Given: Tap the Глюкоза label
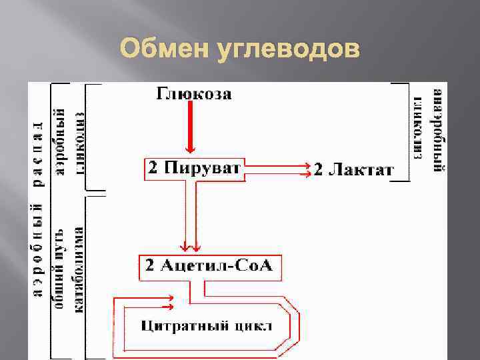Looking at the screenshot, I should point(195,94).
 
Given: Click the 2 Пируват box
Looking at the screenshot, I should point(194,168).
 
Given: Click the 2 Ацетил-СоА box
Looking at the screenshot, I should point(211,267).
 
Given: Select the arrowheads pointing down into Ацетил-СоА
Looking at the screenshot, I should point(191,246).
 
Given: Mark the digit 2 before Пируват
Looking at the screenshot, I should point(153,168).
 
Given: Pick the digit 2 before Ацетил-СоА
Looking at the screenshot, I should point(150,267).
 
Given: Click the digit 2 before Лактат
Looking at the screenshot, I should point(319,171).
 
